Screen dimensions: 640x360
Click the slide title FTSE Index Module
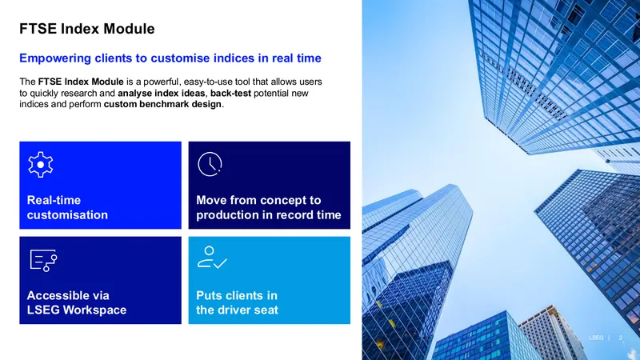click(87, 29)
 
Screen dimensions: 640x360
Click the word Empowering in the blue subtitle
click(55, 58)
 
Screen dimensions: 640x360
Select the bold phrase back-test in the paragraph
click(230, 93)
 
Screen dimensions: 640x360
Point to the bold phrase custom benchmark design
click(162, 104)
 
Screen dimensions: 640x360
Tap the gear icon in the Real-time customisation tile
click(41, 165)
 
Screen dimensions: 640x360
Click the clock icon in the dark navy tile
click(210, 164)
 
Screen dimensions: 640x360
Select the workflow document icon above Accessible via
click(43, 261)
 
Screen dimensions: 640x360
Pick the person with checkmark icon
click(212, 257)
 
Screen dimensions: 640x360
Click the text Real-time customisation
click(67, 207)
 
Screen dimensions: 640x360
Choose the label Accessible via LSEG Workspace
click(77, 302)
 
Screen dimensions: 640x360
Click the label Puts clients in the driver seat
click(237, 302)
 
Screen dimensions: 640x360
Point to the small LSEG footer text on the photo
click(596, 338)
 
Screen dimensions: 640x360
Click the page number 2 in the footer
click(621, 338)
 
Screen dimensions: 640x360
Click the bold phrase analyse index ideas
click(162, 93)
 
